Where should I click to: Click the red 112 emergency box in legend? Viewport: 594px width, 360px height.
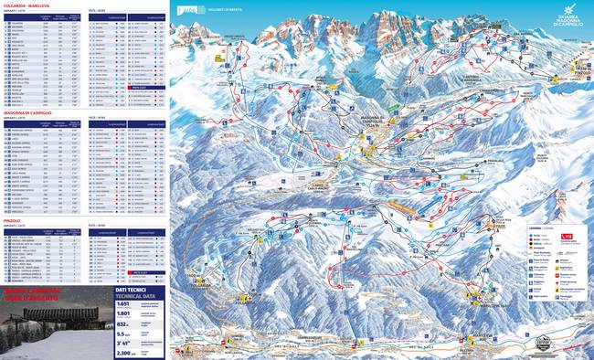point(571,233)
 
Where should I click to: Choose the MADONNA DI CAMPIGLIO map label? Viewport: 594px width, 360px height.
point(377,124)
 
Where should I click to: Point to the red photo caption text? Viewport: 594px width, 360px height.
point(42,297)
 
